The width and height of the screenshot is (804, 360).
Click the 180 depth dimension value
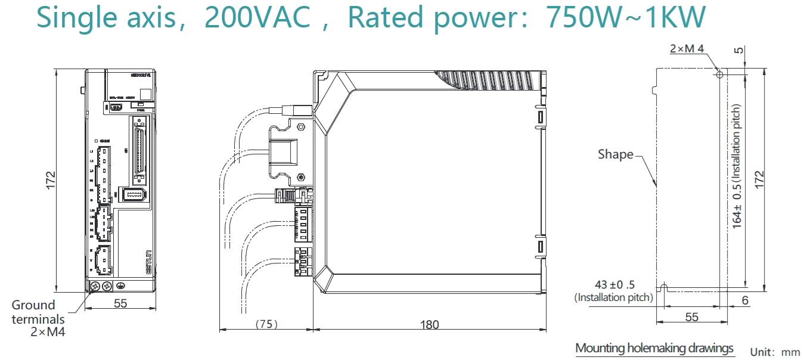click(429, 325)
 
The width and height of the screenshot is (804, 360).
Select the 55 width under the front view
click(120, 303)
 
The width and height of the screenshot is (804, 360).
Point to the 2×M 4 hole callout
click(687, 49)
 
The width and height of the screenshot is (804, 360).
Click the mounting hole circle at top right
click(719, 75)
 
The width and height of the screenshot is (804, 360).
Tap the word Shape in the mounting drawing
click(616, 154)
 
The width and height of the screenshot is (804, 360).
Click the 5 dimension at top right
click(740, 50)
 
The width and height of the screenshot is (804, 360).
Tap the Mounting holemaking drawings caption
click(654, 348)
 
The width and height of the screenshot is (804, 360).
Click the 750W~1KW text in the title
click(626, 18)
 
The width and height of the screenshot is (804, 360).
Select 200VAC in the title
click(257, 18)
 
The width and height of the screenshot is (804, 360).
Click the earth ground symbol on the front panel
click(120, 286)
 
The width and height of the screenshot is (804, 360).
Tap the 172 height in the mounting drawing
click(759, 179)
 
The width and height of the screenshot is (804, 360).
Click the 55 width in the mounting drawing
click(691, 317)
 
